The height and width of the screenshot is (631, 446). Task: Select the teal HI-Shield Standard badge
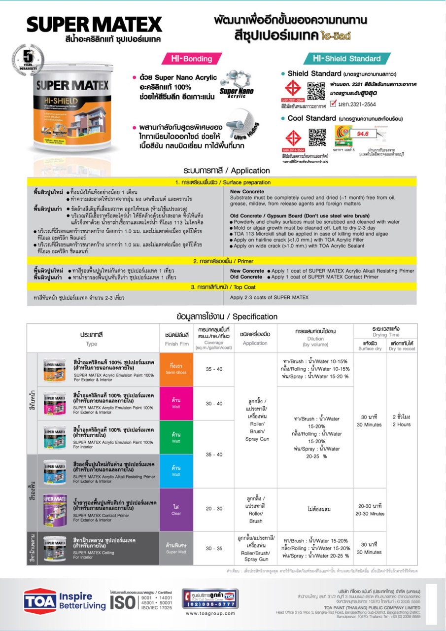(x=347, y=59)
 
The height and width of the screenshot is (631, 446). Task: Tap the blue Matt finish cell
(x=176, y=471)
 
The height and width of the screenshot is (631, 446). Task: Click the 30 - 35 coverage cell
(x=214, y=548)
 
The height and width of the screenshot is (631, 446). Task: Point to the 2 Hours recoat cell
(x=401, y=421)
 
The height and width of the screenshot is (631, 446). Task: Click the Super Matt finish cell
(x=176, y=548)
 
